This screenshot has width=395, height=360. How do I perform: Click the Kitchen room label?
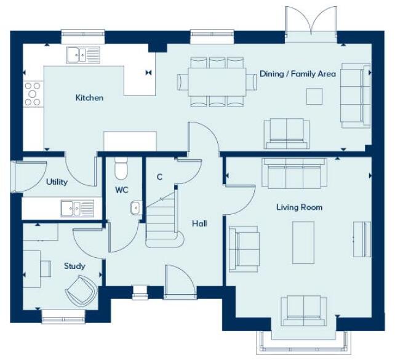coord(89,98)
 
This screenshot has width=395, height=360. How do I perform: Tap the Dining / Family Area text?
coord(298,74)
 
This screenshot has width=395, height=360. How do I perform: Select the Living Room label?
coord(299,207)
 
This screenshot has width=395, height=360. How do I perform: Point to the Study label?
coord(74,266)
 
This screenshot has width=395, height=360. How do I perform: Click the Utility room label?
coord(57,182)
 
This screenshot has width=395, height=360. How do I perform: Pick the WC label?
coord(122,190)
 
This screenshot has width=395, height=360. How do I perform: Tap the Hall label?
coord(199,223)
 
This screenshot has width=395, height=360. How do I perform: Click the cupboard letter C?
coord(159,177)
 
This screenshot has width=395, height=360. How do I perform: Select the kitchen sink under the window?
coord(82,55)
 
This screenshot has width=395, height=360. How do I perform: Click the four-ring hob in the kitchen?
coord(32,94)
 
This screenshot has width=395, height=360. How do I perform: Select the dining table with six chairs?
coord(217,82)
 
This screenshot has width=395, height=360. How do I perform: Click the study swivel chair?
coord(82,289)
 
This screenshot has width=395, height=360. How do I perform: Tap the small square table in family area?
coord(314,97)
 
